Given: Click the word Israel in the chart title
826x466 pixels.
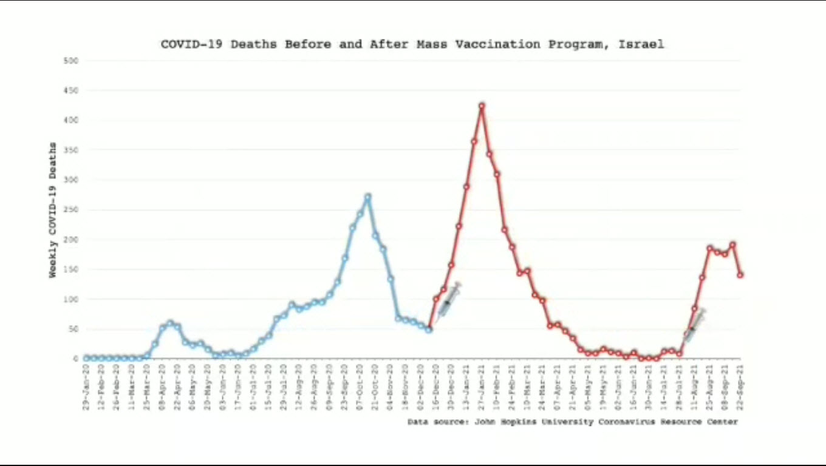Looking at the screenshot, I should tap(641, 44).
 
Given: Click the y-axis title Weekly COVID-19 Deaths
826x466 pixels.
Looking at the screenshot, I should tap(53, 210).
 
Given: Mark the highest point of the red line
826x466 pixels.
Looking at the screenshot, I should tap(482, 106).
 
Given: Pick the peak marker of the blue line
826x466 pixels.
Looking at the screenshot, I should tap(367, 197).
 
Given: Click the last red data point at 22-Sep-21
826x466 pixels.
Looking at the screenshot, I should tap(740, 275).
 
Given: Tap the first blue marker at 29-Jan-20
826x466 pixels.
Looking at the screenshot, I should tap(86, 358).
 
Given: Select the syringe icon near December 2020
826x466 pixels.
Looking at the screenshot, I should tap(449, 299).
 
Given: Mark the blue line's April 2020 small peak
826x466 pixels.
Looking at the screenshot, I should tap(170, 323).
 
